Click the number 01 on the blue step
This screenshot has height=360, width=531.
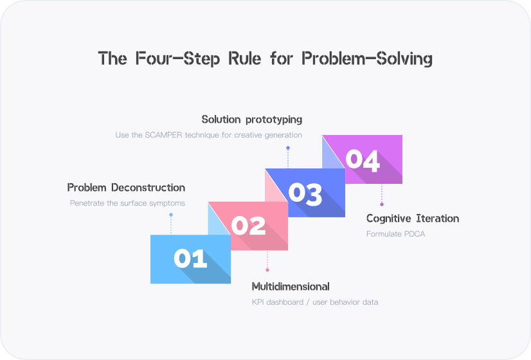[x=190, y=259]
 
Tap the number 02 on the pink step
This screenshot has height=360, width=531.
[x=248, y=226]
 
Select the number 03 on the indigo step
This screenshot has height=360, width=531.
[x=305, y=193]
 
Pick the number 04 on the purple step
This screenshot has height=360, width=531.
[x=363, y=160]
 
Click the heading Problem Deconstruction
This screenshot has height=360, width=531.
[x=126, y=188]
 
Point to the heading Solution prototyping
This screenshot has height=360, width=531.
[x=251, y=120]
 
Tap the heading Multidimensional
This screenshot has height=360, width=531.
[x=291, y=286]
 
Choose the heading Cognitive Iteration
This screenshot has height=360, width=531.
[x=413, y=219]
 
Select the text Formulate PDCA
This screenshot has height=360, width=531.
[x=395, y=234]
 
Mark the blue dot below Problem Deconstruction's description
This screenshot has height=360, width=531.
[x=170, y=215]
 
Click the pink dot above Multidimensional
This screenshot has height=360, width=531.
[x=267, y=270]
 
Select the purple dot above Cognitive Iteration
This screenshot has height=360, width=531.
[x=382, y=204]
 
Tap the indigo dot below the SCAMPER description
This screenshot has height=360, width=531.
[x=287, y=148]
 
